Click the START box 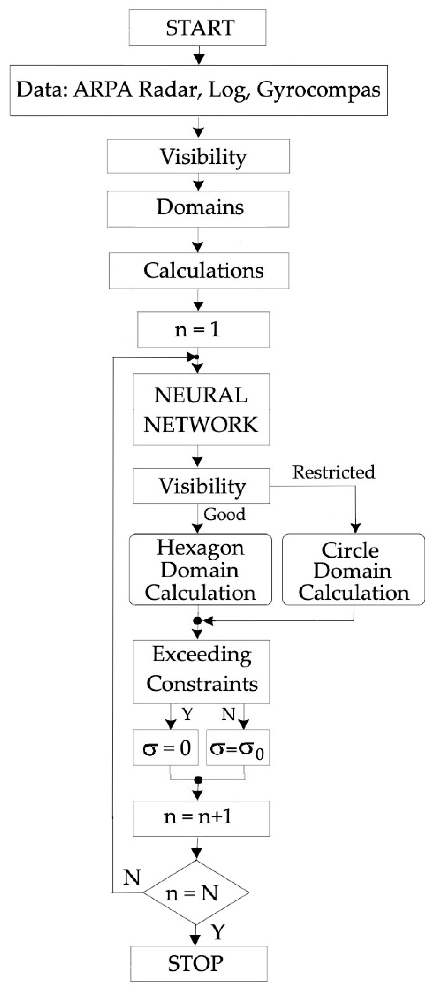click(x=197, y=28)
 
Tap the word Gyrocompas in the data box click(x=318, y=90)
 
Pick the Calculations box click(x=199, y=271)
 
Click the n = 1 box click(x=203, y=330)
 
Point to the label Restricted click(x=333, y=472)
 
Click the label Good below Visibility click(x=224, y=514)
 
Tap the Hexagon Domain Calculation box click(x=200, y=570)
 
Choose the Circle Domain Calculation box click(x=353, y=570)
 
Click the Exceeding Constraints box click(x=201, y=672)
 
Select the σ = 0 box click(x=166, y=748)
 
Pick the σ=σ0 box click(x=238, y=748)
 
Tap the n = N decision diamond click(x=196, y=893)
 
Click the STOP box click(x=199, y=964)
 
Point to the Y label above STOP click(x=218, y=932)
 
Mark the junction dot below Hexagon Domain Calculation click(x=197, y=621)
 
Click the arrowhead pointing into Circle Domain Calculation click(x=356, y=528)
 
